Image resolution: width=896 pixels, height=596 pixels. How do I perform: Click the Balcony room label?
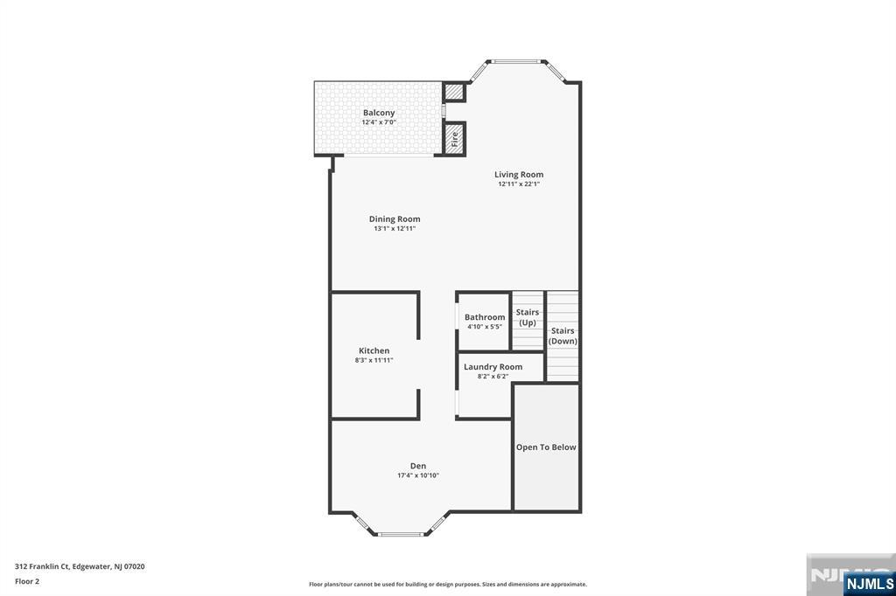pos(379,113)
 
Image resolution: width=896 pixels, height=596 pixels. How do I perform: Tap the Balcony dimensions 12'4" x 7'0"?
pos(379,122)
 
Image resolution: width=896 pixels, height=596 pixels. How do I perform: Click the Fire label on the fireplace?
pos(455,139)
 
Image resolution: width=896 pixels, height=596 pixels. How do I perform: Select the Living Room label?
pos(519,175)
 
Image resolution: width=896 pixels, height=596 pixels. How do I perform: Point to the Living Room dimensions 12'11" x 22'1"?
pos(519,184)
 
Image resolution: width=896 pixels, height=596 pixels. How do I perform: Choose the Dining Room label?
pos(395,219)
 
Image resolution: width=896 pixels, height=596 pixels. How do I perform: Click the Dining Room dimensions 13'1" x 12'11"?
pos(395,228)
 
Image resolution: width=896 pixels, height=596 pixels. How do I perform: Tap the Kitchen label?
pos(374,350)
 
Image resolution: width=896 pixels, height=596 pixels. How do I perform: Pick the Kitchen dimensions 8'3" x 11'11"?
pos(374,360)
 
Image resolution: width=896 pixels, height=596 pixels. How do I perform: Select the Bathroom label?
pos(485,317)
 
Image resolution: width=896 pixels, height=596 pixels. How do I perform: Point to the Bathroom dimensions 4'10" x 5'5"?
pos(485,327)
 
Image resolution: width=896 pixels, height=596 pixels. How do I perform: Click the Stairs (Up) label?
pos(528,317)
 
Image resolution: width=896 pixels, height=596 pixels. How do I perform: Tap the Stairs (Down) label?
pos(563,336)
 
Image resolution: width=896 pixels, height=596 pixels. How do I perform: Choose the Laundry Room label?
pos(493,367)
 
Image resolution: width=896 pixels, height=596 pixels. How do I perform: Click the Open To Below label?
pos(546,447)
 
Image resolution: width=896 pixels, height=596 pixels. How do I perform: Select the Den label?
pos(418,466)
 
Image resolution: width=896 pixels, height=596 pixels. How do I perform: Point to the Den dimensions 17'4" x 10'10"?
pos(418,475)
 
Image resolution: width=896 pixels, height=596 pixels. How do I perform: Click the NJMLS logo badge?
pos(869,584)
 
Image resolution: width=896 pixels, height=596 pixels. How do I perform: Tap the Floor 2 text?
pos(27,582)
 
